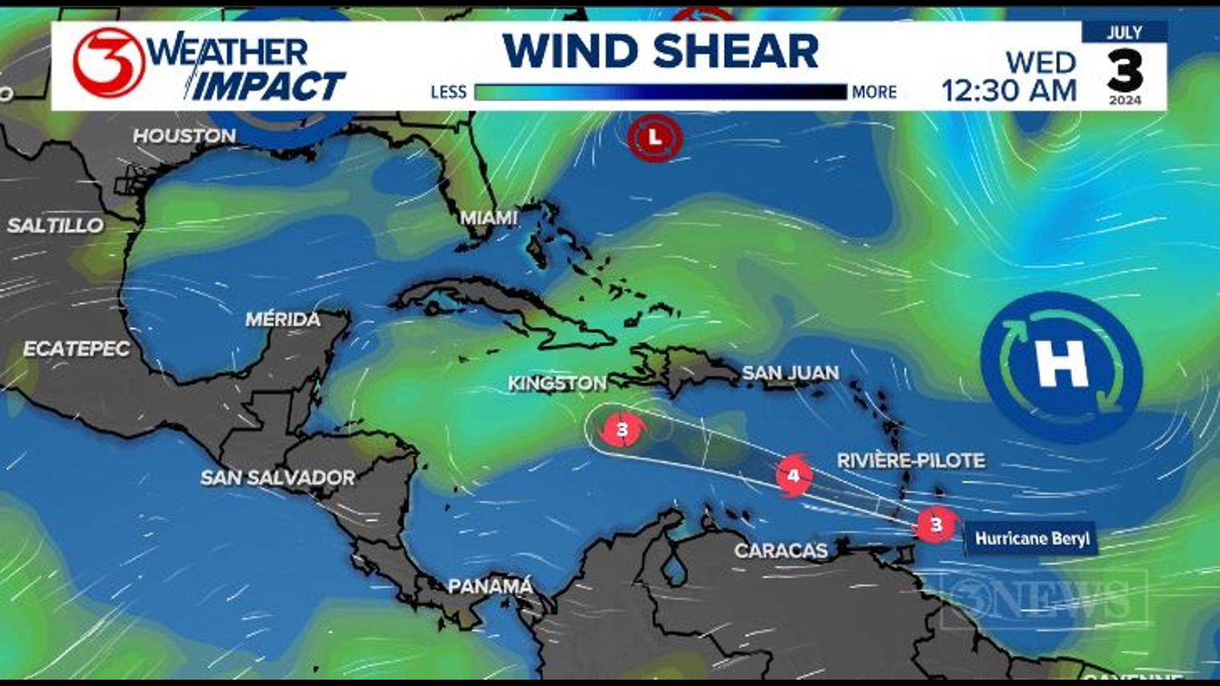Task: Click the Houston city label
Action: click(x=184, y=136)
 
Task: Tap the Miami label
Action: click(x=489, y=219)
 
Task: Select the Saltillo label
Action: click(x=55, y=225)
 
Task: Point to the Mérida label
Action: click(x=283, y=319)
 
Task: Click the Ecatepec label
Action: click(x=76, y=349)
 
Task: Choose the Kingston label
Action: click(x=557, y=383)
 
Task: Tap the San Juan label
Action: click(x=790, y=373)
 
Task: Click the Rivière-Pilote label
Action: click(x=911, y=461)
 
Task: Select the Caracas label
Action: click(x=781, y=551)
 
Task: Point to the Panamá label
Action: click(x=490, y=586)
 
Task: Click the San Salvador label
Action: click(x=278, y=478)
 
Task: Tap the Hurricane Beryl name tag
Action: click(x=1032, y=539)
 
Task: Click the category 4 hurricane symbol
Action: click(x=793, y=475)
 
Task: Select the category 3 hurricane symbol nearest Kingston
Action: click(x=622, y=430)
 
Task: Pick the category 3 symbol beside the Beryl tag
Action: click(x=936, y=525)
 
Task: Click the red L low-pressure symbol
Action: click(x=654, y=137)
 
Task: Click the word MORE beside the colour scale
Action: click(x=874, y=93)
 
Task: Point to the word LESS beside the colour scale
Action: click(x=449, y=93)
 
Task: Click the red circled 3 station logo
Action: click(x=109, y=63)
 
